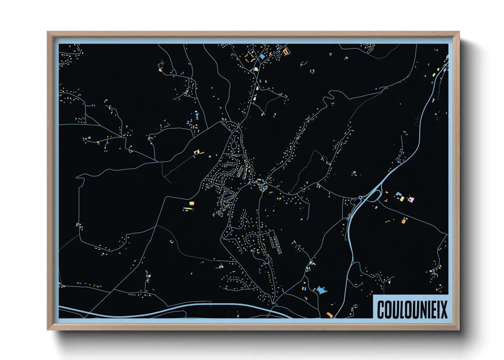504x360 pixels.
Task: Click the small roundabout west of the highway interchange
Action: [360, 197]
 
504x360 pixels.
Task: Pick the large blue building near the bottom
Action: [321, 290]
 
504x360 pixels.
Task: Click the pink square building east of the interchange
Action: [411, 199]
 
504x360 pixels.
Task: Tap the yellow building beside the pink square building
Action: [402, 198]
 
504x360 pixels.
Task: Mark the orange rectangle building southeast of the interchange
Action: [404, 221]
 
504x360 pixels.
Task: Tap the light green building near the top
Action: [256, 69]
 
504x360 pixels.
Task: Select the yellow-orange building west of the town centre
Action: [191, 203]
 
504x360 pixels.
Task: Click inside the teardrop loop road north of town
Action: [234, 146]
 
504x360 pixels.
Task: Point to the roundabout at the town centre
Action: [263, 187]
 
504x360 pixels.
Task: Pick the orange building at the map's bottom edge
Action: [329, 315]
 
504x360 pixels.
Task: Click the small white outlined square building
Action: [172, 242]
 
